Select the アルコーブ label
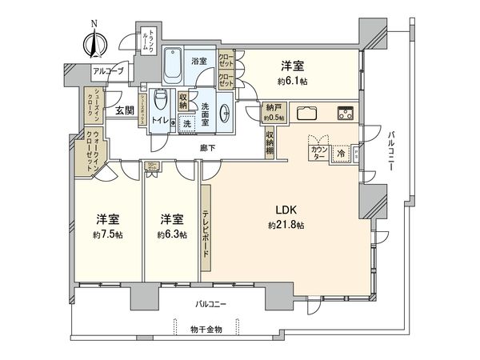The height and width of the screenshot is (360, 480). coord(108,71)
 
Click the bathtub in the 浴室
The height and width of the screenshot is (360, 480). coord(173,66)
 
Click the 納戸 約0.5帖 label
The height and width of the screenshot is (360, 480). coord(273,114)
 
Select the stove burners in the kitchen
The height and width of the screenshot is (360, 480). coord(347,111)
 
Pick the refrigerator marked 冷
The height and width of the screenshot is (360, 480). coord(339,153)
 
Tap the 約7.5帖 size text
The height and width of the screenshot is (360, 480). coord(106,234)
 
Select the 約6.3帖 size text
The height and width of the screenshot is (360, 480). coord(171,234)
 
